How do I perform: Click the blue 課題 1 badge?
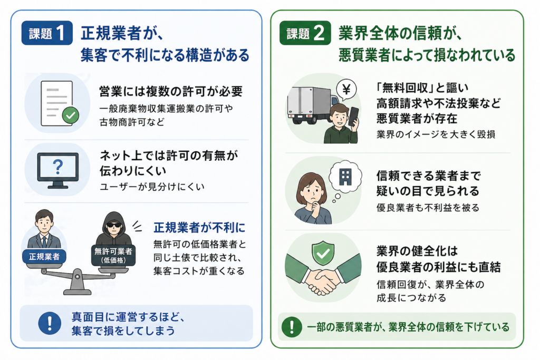pyautogui.click(x=47, y=33)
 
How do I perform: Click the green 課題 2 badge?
pyautogui.click(x=305, y=33)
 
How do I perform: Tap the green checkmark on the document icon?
pyautogui.click(x=71, y=115)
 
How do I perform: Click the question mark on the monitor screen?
pyautogui.click(x=58, y=167)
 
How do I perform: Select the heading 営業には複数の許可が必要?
pyautogui.click(x=171, y=92)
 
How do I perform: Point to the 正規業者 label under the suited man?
pyautogui.click(x=44, y=257)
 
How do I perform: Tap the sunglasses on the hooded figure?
pyautogui.click(x=114, y=226)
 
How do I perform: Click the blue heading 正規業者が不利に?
pyautogui.click(x=199, y=228)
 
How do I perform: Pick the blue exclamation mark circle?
pyautogui.click(x=50, y=323)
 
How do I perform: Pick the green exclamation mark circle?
pyautogui.click(x=292, y=327)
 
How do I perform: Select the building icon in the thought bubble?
pyautogui.click(x=345, y=177)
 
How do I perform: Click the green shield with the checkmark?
pyautogui.click(x=323, y=253)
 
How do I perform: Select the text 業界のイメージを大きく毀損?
pyautogui.click(x=436, y=134)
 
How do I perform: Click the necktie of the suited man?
pyautogui.click(x=44, y=241)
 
